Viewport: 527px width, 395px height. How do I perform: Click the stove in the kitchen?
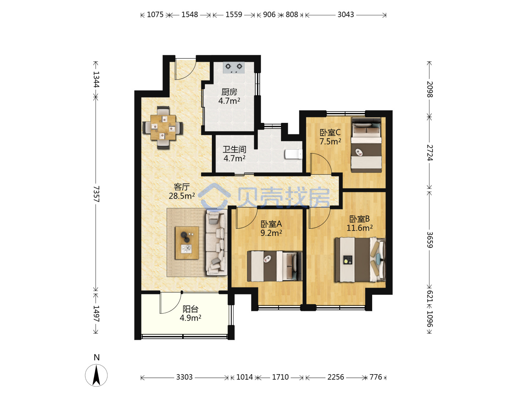[233, 67]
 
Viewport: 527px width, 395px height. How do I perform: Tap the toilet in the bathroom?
[294, 154]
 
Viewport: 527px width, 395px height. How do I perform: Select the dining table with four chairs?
[163, 127]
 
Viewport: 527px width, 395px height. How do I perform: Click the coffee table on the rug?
[187, 243]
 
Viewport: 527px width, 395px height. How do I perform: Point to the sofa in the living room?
[216, 242]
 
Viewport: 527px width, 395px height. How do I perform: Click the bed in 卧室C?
[366, 144]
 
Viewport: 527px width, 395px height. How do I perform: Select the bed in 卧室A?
[274, 266]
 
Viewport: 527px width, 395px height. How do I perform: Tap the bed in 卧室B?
[360, 260]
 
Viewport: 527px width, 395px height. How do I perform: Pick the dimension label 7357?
[96, 194]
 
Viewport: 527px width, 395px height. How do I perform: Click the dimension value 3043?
[345, 15]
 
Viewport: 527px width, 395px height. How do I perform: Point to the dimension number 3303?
[184, 377]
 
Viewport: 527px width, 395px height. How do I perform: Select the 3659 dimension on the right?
[430, 240]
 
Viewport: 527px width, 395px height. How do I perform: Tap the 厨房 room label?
[229, 92]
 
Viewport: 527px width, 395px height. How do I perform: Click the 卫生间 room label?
[234, 150]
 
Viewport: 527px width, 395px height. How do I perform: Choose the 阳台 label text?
[190, 309]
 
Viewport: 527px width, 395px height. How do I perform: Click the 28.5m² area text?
[182, 196]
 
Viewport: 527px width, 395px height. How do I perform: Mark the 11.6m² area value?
[359, 228]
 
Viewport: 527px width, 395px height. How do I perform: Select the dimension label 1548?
[190, 15]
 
